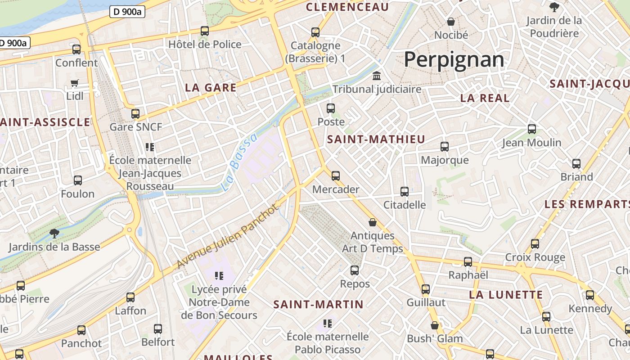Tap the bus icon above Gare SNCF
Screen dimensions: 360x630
click(x=135, y=113)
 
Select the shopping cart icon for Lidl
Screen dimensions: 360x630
click(x=75, y=83)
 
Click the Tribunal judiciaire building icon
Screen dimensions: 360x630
click(x=377, y=76)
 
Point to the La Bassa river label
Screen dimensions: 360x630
click(x=240, y=162)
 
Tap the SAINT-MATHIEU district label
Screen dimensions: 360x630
click(x=376, y=139)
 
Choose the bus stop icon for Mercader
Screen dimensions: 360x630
click(x=336, y=175)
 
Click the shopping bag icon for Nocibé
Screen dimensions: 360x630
click(x=451, y=22)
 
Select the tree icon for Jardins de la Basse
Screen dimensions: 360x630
click(x=54, y=233)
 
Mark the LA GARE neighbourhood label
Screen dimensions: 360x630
click(x=211, y=88)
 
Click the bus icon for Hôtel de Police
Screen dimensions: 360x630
click(x=205, y=31)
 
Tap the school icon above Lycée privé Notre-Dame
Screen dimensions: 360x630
click(x=219, y=275)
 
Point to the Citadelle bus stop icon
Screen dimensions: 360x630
click(x=405, y=192)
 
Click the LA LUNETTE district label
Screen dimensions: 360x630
click(x=506, y=295)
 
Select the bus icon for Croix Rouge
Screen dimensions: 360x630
click(x=535, y=244)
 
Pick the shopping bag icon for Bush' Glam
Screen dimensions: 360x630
click(x=435, y=325)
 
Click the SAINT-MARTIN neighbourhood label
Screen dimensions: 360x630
click(x=318, y=305)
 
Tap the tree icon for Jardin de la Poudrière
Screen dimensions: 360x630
click(x=554, y=7)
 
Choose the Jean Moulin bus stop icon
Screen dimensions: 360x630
click(x=532, y=129)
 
